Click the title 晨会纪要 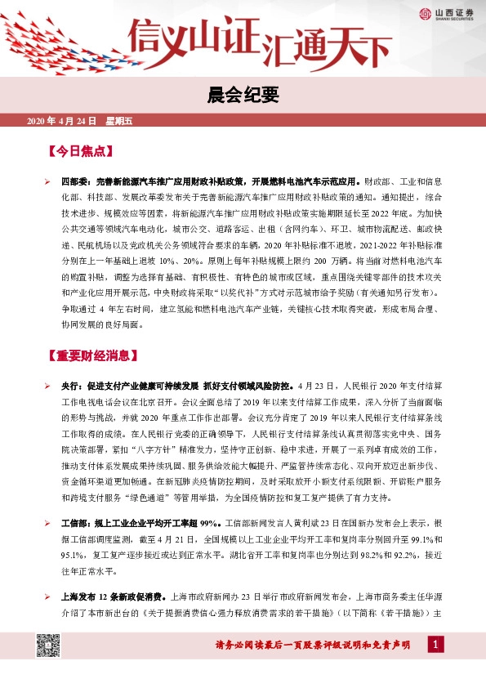243,96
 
